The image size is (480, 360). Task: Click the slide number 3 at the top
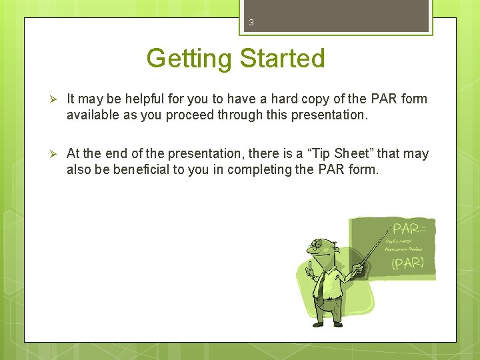coord(251,23)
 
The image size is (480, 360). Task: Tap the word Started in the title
coord(282,59)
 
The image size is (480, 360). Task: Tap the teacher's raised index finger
coord(309,265)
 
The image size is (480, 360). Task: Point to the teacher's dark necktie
coord(321,283)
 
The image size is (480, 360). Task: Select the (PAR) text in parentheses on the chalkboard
coord(407,263)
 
